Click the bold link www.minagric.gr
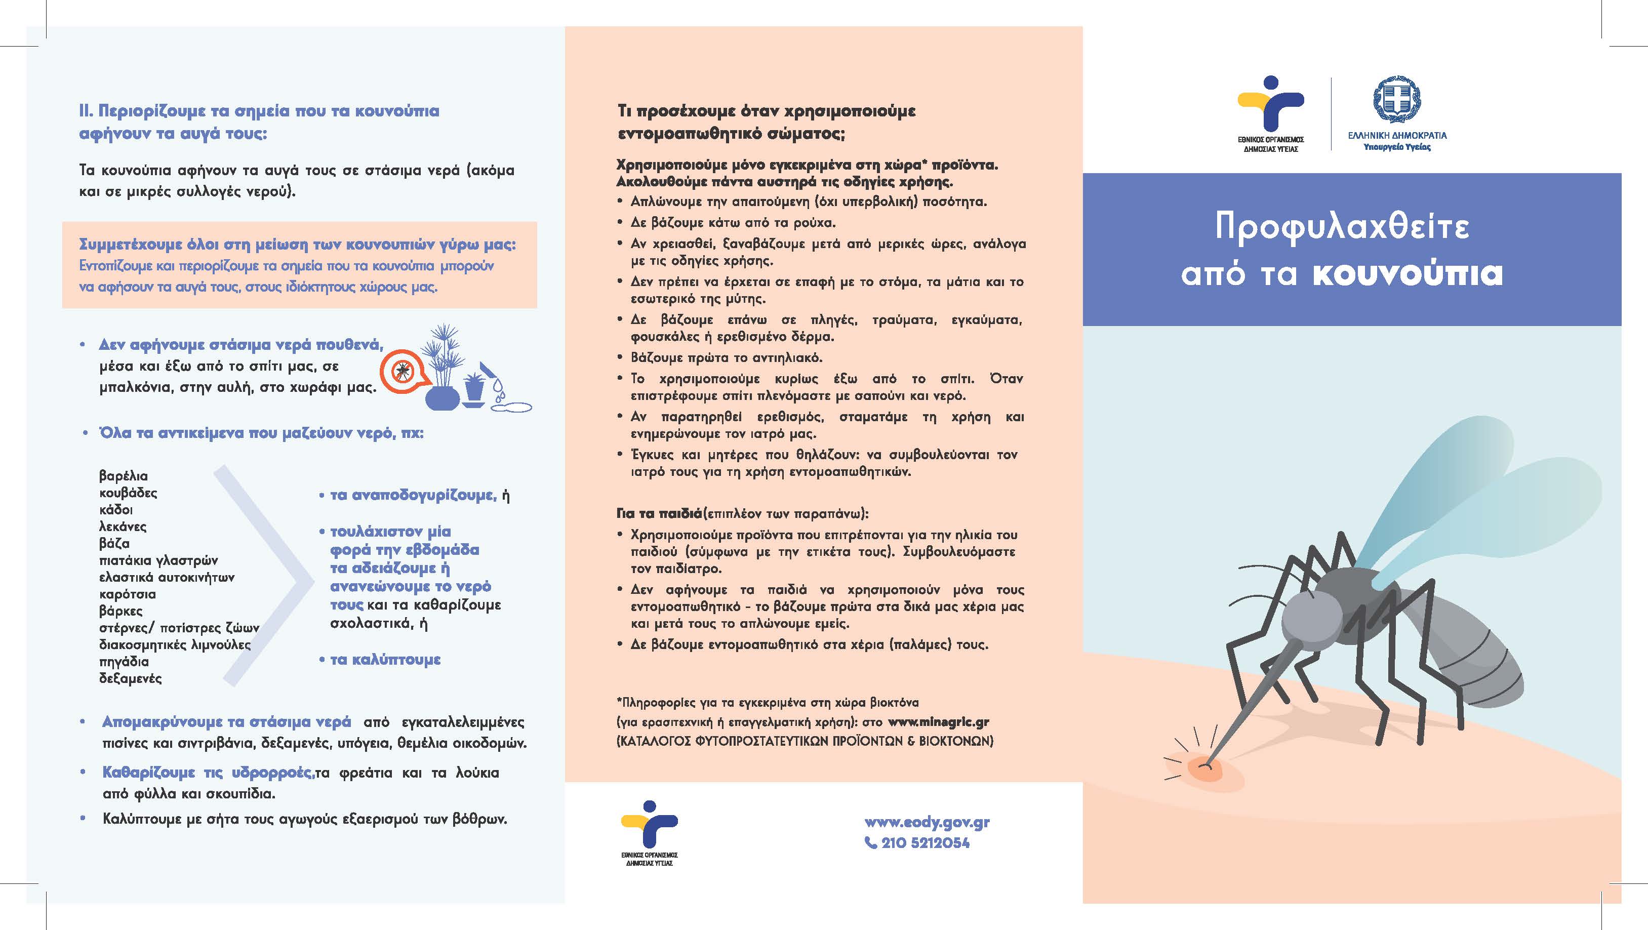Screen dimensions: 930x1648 (x=939, y=721)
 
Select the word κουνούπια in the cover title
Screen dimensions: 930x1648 (x=1408, y=274)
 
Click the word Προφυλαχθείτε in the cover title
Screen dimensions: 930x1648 (x=1342, y=227)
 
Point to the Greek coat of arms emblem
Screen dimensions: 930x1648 (x=1396, y=100)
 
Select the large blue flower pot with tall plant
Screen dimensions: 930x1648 (x=442, y=396)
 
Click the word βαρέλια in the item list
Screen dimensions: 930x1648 (x=124, y=476)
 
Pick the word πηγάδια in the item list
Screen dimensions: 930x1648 (x=124, y=661)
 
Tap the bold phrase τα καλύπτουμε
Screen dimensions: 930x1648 (x=385, y=660)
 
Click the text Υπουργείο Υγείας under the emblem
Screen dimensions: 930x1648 (x=1396, y=147)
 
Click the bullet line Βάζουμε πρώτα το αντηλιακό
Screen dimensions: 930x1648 (x=726, y=357)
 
